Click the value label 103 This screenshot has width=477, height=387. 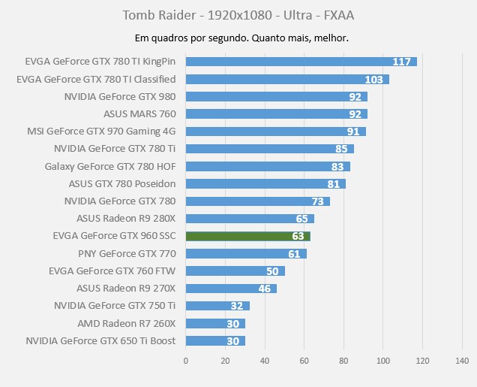(x=373, y=79)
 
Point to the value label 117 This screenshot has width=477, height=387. (x=401, y=62)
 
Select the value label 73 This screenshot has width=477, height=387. (x=318, y=201)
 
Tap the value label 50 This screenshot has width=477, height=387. (x=272, y=271)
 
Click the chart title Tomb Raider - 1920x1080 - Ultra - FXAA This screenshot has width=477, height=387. (x=238, y=15)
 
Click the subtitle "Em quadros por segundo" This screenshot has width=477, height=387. (x=238, y=38)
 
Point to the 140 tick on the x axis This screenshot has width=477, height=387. (x=462, y=361)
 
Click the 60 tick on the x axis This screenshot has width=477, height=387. (x=304, y=361)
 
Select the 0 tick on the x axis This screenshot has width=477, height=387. (x=186, y=361)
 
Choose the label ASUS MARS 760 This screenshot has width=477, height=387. (x=139, y=114)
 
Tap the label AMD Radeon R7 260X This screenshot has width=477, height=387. (x=126, y=324)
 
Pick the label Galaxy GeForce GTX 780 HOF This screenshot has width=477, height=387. (x=110, y=166)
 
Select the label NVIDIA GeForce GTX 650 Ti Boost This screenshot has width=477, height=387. (x=100, y=341)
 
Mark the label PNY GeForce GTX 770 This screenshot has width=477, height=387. (x=127, y=254)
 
